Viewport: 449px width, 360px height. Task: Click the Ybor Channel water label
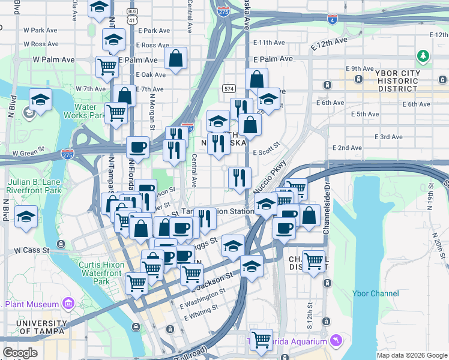380,293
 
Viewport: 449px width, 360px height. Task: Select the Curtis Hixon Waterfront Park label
96,273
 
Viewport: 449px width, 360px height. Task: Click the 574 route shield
229,89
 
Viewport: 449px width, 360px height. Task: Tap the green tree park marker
424,56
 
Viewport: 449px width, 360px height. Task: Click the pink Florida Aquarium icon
336,341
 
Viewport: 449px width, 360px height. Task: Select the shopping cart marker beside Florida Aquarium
261,339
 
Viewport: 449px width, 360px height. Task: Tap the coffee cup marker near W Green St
138,147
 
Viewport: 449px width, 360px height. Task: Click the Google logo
20,353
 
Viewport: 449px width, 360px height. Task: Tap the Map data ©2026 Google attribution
411,355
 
